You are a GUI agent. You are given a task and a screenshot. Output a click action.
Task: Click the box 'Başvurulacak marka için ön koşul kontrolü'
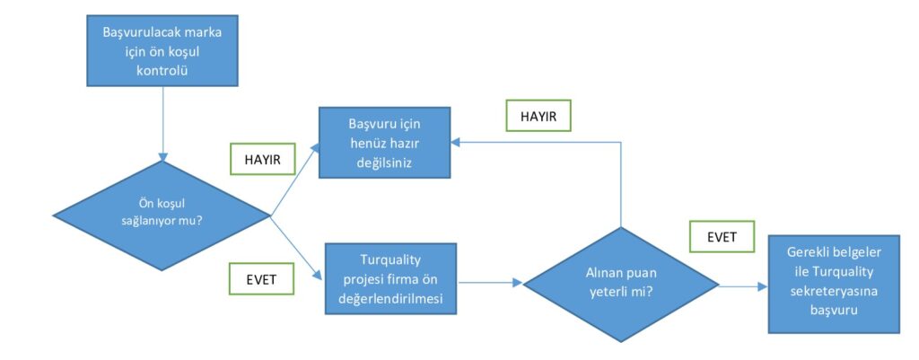click(162, 51)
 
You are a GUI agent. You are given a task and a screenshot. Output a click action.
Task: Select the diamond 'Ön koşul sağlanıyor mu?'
click(162, 215)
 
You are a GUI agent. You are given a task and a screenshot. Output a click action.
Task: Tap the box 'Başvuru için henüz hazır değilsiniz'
click(385, 142)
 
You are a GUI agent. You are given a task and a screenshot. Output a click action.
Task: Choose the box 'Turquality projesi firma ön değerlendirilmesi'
click(391, 278)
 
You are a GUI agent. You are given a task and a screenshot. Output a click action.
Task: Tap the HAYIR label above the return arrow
click(538, 116)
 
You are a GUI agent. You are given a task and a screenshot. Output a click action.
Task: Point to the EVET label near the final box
click(722, 237)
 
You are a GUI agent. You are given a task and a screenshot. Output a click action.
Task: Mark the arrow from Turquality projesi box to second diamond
click(489, 282)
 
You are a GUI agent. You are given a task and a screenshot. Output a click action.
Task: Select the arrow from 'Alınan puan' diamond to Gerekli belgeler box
click(743, 286)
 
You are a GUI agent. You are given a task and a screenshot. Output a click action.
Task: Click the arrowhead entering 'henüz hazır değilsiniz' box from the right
click(456, 142)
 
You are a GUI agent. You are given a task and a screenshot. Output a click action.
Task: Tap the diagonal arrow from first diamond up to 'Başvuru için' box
click(295, 180)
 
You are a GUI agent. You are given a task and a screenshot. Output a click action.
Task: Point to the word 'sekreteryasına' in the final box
click(834, 291)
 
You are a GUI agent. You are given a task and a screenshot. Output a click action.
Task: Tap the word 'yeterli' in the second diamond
click(608, 294)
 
